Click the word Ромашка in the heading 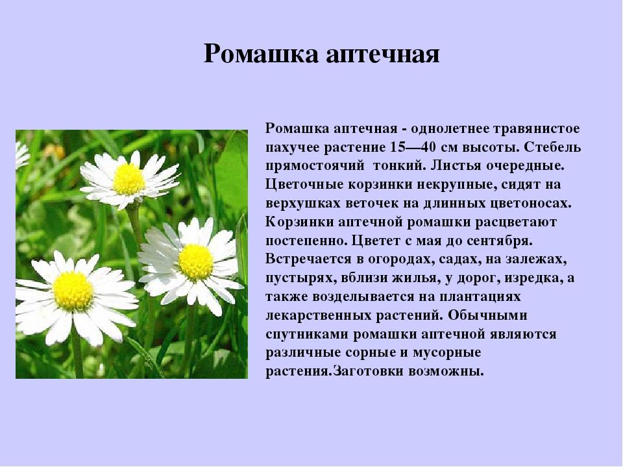pos(261,54)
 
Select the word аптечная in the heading pos(383,54)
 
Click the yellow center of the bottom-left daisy pos(73,291)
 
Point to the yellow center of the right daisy pos(196,262)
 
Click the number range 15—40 pos(417,147)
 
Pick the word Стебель pos(552,147)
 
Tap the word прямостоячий pos(315,166)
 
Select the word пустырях pos(295,278)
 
